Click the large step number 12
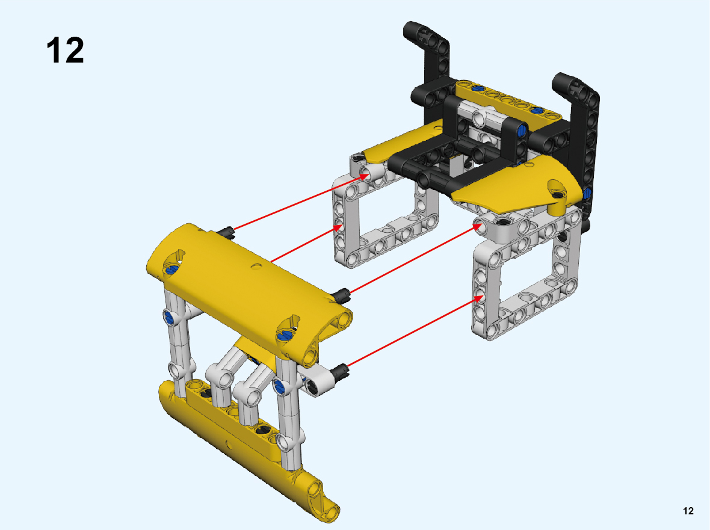65,51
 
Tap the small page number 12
688,511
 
